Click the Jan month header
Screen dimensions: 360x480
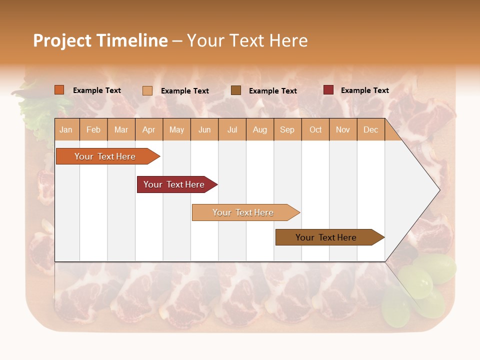pyautogui.click(x=66, y=130)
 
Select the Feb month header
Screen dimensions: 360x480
pyautogui.click(x=93, y=130)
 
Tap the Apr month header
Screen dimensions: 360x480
pyautogui.click(x=148, y=130)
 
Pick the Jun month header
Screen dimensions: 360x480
pyautogui.click(x=204, y=130)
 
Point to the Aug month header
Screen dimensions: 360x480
pyautogui.click(x=259, y=130)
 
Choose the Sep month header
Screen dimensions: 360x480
pyautogui.click(x=287, y=130)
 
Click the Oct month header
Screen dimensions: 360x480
pyautogui.click(x=315, y=130)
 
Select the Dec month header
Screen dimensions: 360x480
pyautogui.click(x=370, y=130)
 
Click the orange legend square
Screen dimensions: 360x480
pyautogui.click(x=59, y=90)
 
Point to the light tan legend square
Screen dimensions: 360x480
pyautogui.click(x=147, y=90)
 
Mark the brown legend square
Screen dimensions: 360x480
pyautogui.click(x=236, y=90)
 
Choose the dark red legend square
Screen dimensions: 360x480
pyautogui.click(x=328, y=90)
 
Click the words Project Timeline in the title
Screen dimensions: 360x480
pyautogui.click(x=100, y=40)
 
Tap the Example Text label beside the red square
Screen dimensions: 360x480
pyautogui.click(x=364, y=90)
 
